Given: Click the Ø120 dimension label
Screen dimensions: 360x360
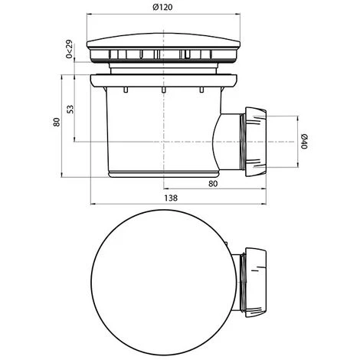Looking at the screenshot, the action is coord(162,7).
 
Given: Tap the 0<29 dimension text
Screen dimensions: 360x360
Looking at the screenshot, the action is coord(69,49).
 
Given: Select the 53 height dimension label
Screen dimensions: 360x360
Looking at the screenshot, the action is coord(70,109).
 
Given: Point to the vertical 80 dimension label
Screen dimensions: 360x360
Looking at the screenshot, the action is coord(57,122).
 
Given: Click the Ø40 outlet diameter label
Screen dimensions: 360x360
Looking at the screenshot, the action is coord(303,141).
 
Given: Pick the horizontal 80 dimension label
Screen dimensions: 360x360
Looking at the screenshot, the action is coord(213,184).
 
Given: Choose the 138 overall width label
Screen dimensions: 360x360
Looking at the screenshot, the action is coord(171,198).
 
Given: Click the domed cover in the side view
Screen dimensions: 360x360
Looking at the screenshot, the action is coord(163,41).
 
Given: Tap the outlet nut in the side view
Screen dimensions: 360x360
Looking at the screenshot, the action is coord(256,142).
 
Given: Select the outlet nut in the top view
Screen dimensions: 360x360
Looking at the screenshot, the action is coord(256,282).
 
